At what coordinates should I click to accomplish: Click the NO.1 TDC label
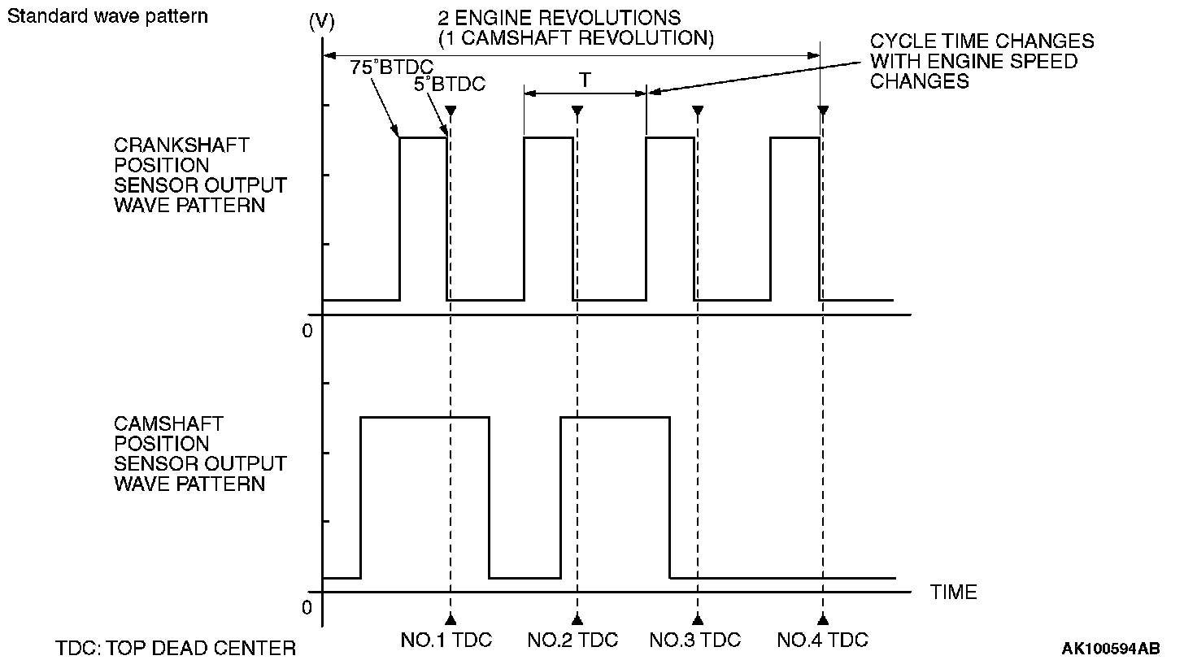pos(446,640)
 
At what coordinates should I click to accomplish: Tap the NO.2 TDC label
pos(572,640)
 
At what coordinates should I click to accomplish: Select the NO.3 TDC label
pos(695,640)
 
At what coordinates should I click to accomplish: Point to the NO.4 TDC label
pos(822,640)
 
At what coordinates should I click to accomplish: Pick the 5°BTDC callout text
pos(450,84)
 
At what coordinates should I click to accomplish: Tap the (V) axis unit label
pos(322,24)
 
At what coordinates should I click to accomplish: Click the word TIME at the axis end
pos(954,593)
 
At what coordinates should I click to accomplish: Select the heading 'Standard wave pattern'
pos(107,16)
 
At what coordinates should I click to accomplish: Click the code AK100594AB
pos(1111,648)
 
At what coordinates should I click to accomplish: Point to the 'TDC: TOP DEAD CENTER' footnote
pos(176,648)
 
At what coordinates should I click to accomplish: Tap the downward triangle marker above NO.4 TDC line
pos(822,111)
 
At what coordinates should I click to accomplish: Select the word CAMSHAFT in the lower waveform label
pos(168,424)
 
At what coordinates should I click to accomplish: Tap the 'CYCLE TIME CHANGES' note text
pos(982,41)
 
